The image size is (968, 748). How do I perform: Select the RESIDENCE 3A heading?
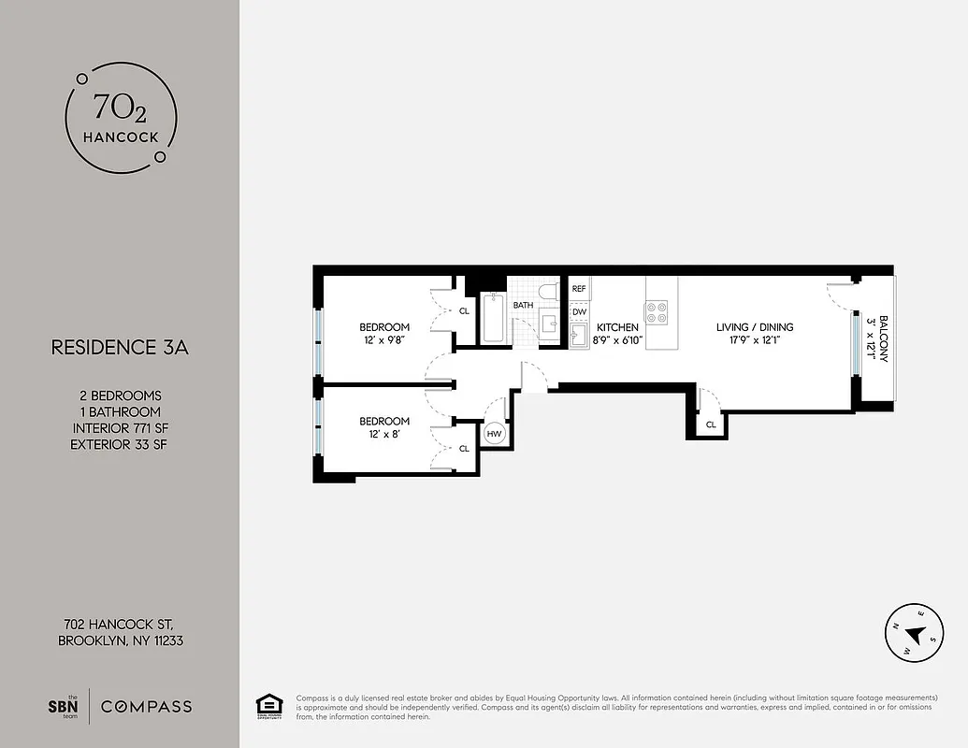[x=120, y=348]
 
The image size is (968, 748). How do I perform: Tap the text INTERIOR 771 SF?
[x=120, y=428]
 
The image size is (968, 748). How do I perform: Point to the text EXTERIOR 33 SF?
[x=120, y=444]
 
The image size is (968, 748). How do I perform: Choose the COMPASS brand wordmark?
[x=146, y=706]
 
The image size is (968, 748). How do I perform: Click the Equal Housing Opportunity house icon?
[x=270, y=705]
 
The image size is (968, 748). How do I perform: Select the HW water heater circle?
[x=494, y=434]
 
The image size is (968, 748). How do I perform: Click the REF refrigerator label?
[x=579, y=290]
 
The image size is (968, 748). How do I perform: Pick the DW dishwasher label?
[x=579, y=311]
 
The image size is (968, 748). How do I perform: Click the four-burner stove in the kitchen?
[x=657, y=311]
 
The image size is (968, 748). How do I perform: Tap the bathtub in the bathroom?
[x=492, y=318]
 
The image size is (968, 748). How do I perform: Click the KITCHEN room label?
[x=617, y=327]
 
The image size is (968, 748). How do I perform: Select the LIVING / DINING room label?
[x=755, y=327]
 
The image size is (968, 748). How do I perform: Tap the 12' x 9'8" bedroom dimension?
[x=384, y=339]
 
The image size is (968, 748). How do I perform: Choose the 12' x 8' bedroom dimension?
[x=384, y=434]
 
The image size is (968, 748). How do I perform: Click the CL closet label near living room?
[x=711, y=424]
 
